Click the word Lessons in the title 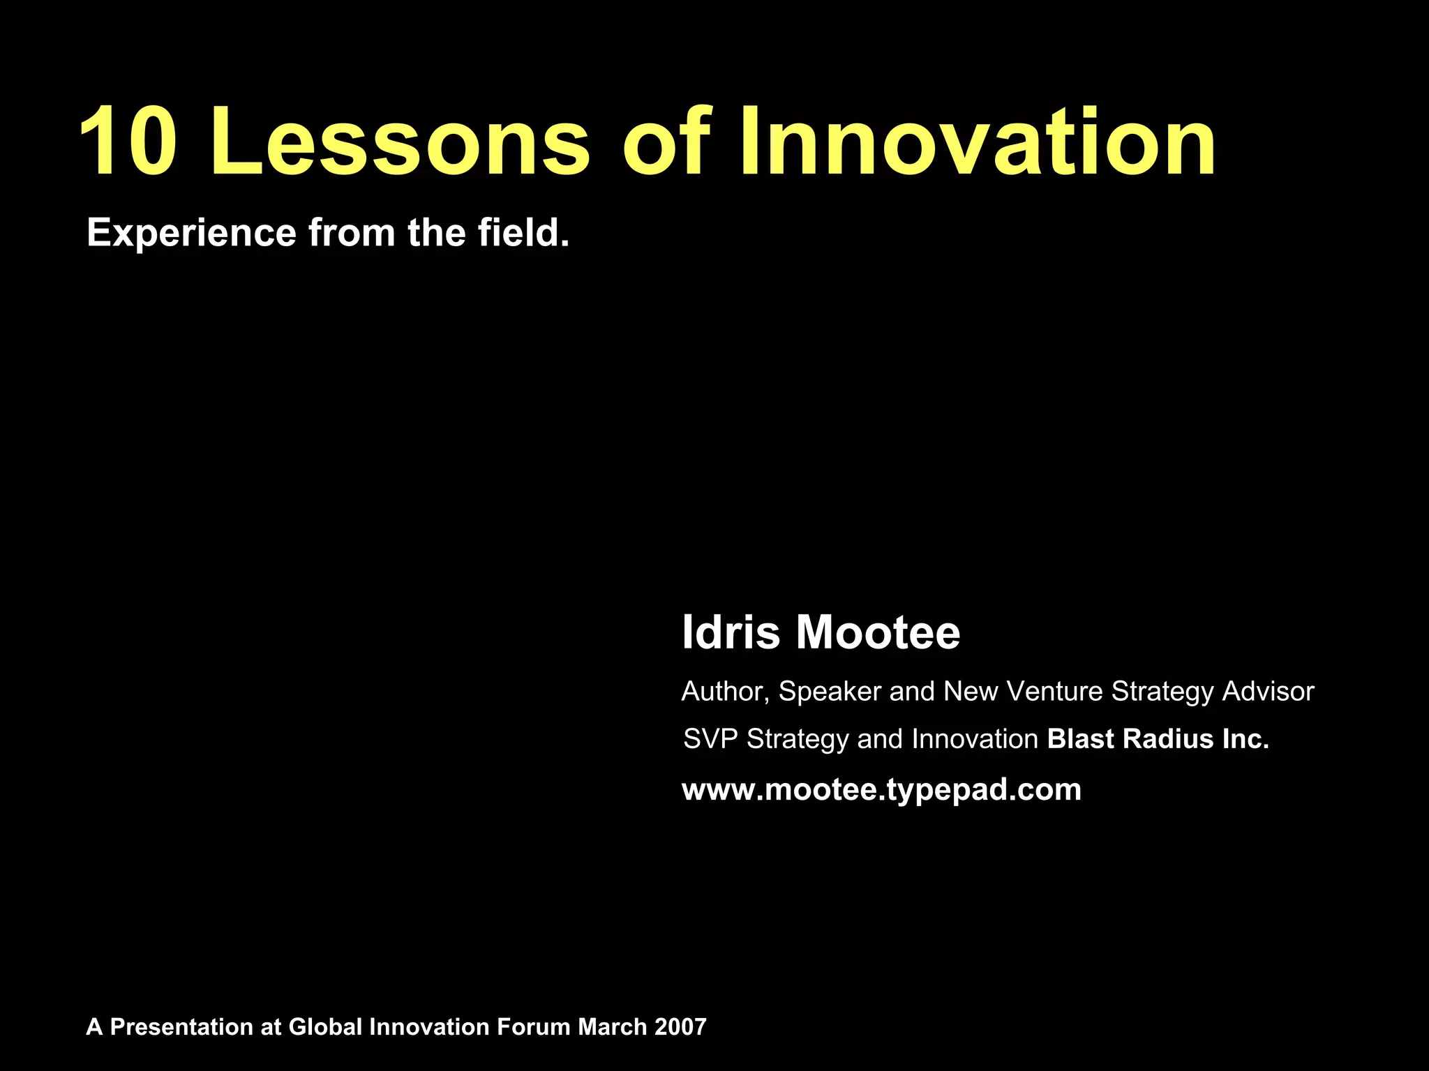coord(401,142)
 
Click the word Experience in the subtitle coord(191,234)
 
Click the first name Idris coord(730,632)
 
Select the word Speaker coord(830,692)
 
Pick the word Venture coord(1055,691)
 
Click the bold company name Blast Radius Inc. coord(1158,739)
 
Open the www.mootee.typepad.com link coord(881,790)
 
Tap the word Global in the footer coord(325,1027)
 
